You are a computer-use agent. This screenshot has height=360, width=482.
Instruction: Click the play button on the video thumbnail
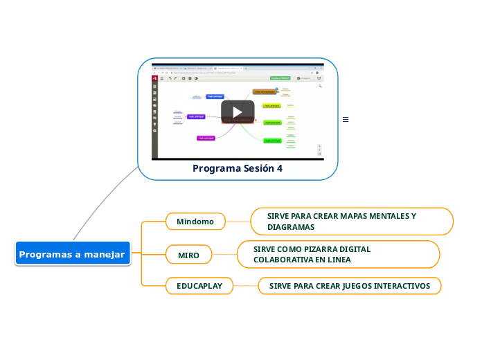pyautogui.click(x=238, y=112)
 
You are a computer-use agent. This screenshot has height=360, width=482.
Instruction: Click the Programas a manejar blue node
pyautogui.click(x=72, y=254)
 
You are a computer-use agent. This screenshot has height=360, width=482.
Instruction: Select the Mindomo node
pyautogui.click(x=195, y=222)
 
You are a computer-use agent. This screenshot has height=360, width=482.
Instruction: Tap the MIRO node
pyautogui.click(x=189, y=255)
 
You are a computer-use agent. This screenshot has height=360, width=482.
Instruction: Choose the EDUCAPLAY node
pyautogui.click(x=199, y=285)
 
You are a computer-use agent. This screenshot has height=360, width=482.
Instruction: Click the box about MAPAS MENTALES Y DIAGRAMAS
pyautogui.click(x=352, y=222)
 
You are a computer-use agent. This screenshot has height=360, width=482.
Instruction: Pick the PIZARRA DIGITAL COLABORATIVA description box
pyautogui.click(x=339, y=254)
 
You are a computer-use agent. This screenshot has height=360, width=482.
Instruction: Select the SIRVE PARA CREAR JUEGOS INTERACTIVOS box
pyautogui.click(x=350, y=285)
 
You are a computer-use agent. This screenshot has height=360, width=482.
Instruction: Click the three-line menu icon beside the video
pyautogui.click(x=346, y=120)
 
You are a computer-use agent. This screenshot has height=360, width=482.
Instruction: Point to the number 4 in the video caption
pyautogui.click(x=280, y=168)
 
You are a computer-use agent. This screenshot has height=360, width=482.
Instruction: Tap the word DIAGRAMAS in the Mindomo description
pyautogui.click(x=291, y=227)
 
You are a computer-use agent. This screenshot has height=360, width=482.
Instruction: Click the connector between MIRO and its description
pyautogui.click(x=224, y=255)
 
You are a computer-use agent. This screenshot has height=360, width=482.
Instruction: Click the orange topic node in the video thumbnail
pyautogui.click(x=264, y=91)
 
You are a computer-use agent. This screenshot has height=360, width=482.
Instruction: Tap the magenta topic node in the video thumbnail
pyautogui.click(x=206, y=138)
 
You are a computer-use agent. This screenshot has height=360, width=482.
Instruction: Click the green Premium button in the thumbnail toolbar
pyautogui.click(x=280, y=78)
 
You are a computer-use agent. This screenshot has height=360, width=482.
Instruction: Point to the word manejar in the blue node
pyautogui.click(x=102, y=254)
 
